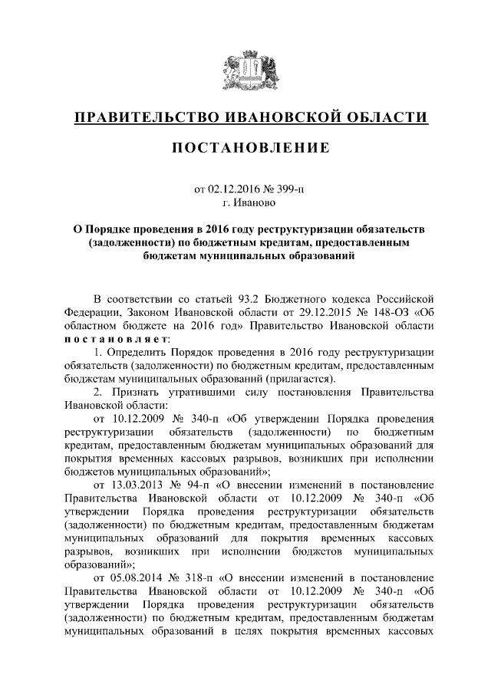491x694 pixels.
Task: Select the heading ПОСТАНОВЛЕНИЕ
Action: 245,147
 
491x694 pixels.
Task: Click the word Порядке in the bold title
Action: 108,229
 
